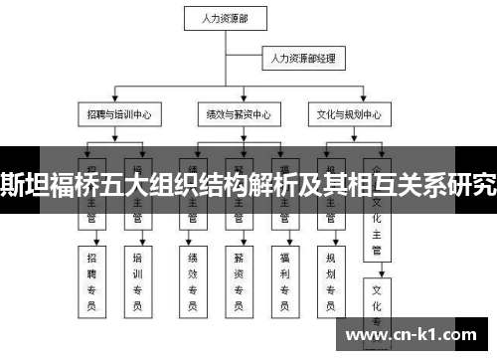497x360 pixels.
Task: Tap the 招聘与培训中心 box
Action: coord(118,113)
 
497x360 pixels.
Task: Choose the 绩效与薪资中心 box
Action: coord(233,113)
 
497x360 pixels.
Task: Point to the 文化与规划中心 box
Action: coord(345,113)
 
